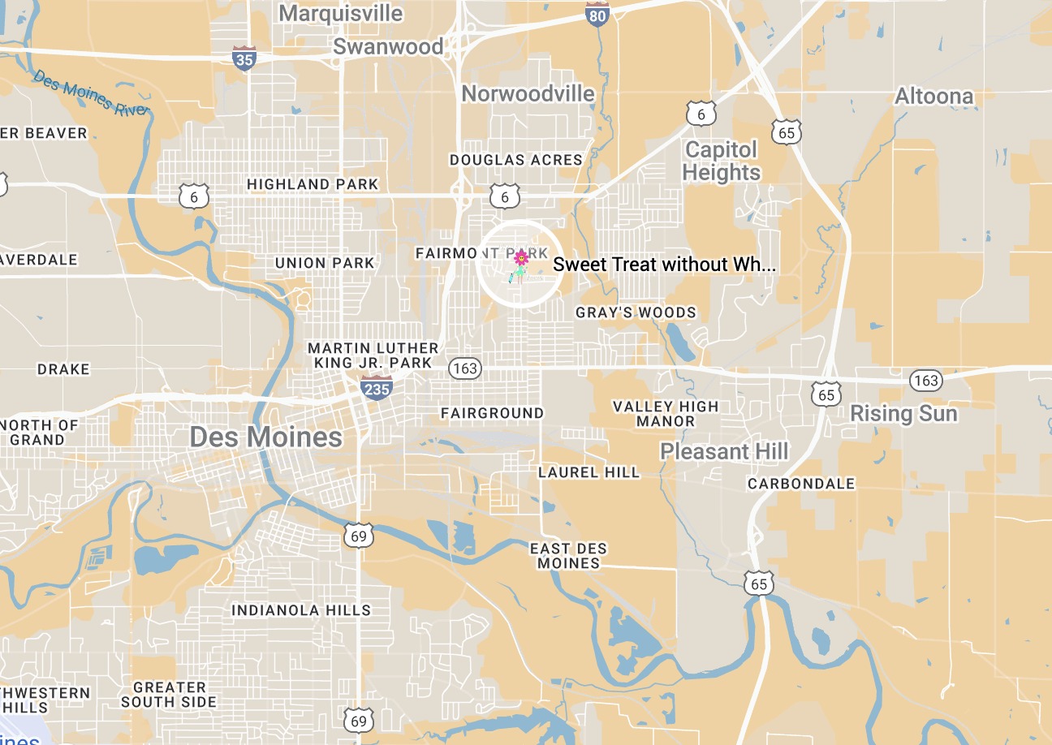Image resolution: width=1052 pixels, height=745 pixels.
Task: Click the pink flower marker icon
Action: coord(521,259)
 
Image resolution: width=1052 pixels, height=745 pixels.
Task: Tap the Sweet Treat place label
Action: coord(663,265)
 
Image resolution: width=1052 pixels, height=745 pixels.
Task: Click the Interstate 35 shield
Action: coord(243,58)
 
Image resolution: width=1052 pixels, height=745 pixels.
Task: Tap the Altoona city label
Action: coord(933,97)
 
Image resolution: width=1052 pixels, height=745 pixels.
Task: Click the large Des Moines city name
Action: coord(265,437)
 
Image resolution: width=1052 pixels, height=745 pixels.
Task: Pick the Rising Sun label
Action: coord(903,414)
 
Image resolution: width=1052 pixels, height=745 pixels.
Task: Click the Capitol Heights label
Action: coord(721,161)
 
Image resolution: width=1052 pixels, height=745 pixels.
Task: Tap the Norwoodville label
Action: coord(528,94)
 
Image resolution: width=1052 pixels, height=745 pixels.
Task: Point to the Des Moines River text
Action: coord(91,93)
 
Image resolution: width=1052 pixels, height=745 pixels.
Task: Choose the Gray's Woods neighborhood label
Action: coord(636,312)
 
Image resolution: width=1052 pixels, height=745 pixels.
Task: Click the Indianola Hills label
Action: coord(301,610)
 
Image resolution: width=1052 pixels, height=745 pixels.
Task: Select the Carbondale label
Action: coord(801,484)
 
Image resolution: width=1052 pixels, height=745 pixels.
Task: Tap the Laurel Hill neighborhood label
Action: coord(589,472)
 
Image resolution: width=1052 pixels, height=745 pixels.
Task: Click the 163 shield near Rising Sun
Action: coord(925,380)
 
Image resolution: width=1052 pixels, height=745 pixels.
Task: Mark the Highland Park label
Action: coord(313,184)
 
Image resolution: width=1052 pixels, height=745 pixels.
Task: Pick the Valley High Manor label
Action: coord(666,414)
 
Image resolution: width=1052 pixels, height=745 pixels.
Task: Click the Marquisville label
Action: coord(341,14)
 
